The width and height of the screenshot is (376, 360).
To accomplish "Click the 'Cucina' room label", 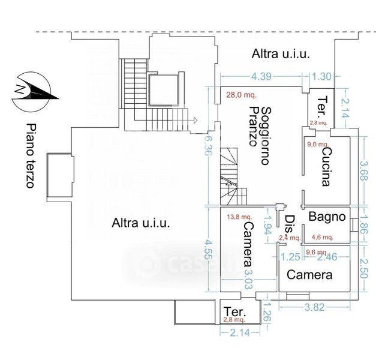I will point(326,168).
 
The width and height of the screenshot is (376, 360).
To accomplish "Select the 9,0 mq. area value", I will point(318,145).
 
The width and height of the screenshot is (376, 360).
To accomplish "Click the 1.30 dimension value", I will point(322,76).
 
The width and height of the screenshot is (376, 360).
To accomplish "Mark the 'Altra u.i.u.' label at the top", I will point(281,54).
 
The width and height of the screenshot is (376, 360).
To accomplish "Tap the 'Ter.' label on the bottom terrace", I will point(234,311).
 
